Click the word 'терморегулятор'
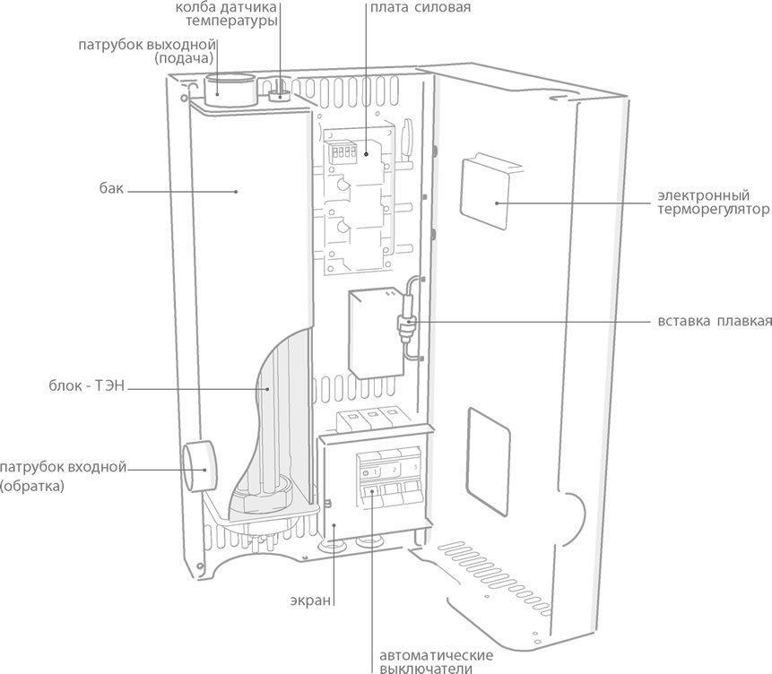tap(713, 211)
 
